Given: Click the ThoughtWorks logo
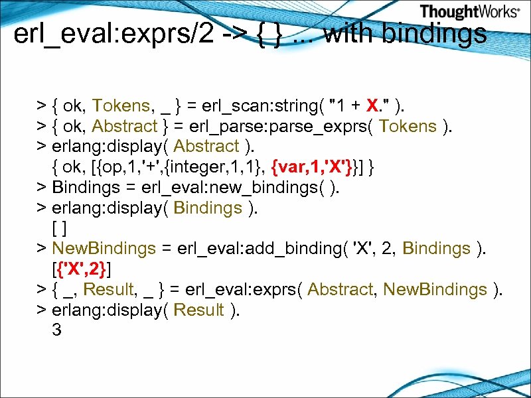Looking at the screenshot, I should tap(469, 12).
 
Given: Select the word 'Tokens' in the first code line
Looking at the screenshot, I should tap(121, 105).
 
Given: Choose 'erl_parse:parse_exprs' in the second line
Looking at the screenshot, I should tap(275, 126).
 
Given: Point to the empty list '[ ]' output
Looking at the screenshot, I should tap(58, 228).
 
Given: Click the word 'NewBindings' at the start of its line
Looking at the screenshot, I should tap(104, 249).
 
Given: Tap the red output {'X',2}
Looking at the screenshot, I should tap(82, 269).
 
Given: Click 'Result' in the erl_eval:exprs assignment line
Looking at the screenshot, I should tap(110, 290).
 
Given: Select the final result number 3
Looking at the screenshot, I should tap(56, 330).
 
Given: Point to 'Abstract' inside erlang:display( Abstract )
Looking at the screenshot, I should tap(206, 147).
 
